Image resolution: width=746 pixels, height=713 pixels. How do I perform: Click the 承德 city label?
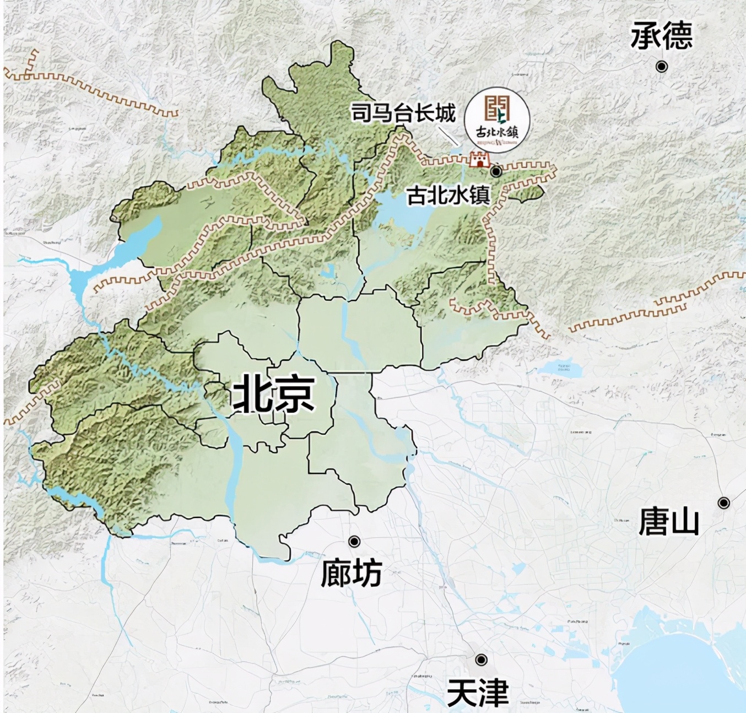point(661,36)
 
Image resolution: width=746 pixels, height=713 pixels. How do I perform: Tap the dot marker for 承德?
point(662,67)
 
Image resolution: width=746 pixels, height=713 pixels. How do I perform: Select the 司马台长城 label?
point(404,114)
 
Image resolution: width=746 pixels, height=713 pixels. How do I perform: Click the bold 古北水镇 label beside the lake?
point(448,196)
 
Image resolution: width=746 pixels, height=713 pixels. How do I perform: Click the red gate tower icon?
point(479,160)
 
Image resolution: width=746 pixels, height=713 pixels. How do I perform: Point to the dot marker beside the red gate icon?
point(496,171)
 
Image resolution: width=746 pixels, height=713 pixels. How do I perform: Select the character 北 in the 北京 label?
point(253,395)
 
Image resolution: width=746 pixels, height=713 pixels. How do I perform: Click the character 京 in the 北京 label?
point(295,395)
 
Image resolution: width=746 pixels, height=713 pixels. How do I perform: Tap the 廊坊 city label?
point(352,573)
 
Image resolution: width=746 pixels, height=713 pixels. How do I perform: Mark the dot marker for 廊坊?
point(354,542)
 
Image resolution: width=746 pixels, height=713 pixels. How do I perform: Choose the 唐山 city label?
point(669,521)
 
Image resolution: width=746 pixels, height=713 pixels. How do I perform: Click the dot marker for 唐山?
point(724,503)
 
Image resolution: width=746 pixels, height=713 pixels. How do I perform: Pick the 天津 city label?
point(477,693)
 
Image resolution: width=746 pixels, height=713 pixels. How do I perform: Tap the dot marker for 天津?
point(482,660)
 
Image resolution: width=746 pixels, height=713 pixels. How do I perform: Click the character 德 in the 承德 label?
point(677,36)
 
